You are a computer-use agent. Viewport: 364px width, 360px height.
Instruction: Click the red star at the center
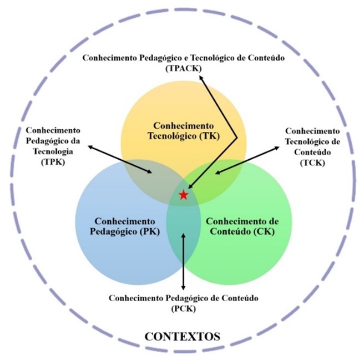(x=183, y=195)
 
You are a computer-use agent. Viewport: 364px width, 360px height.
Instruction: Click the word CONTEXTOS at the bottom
(x=182, y=336)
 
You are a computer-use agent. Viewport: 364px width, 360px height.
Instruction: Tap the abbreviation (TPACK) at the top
(x=183, y=68)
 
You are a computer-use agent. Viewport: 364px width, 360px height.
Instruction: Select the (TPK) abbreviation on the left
(x=53, y=162)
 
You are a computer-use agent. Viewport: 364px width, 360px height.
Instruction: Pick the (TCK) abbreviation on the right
(x=311, y=162)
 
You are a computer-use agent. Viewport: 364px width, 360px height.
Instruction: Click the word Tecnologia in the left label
(x=53, y=151)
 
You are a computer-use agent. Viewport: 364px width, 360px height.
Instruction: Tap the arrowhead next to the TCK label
(x=277, y=148)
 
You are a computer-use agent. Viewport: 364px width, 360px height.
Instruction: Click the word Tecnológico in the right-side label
(x=311, y=141)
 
